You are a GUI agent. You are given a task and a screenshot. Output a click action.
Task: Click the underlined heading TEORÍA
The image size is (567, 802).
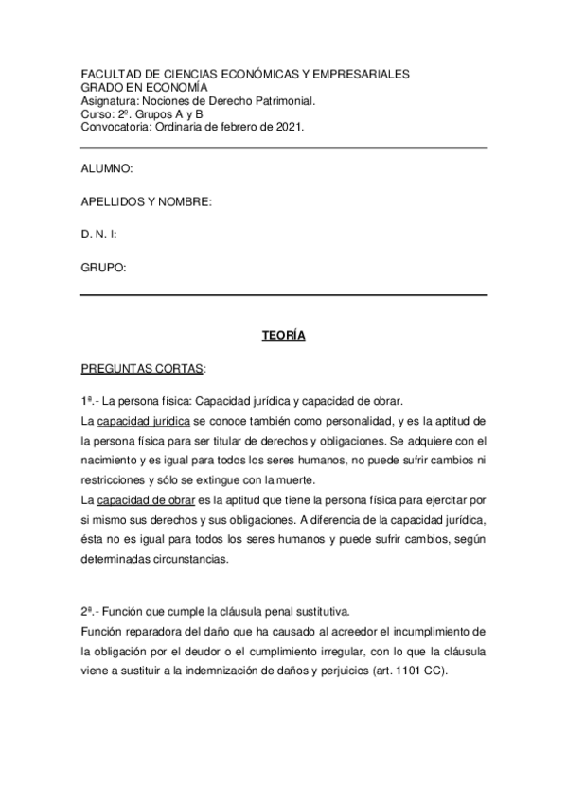point(283,335)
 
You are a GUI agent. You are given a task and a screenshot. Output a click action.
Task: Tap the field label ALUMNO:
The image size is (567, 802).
point(106,167)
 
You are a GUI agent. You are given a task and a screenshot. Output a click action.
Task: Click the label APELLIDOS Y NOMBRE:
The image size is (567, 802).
point(146,201)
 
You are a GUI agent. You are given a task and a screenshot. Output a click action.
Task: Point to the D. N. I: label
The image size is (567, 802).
point(98,235)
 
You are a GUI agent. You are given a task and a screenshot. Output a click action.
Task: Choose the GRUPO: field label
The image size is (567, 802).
point(104,268)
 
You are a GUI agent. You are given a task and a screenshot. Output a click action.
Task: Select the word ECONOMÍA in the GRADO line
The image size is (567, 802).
point(174,87)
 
